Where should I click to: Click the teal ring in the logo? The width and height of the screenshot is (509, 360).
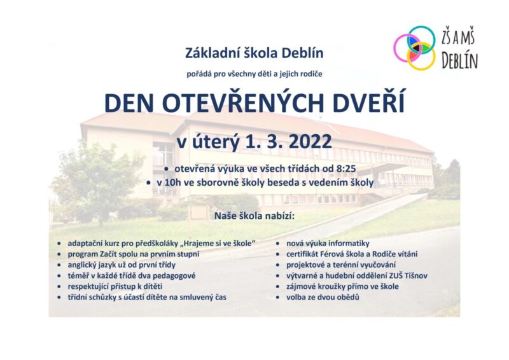pyautogui.click(x=421, y=27)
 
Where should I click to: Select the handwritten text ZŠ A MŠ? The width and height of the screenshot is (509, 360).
pyautogui.click(x=457, y=38)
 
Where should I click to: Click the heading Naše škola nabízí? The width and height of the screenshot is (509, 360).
pyautogui.click(x=254, y=216)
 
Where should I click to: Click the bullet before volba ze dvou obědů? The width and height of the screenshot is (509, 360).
pyautogui.click(x=278, y=297)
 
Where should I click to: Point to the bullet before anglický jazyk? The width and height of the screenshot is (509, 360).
pyautogui.click(x=59, y=265)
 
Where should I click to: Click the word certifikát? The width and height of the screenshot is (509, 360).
pyautogui.click(x=302, y=254)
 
